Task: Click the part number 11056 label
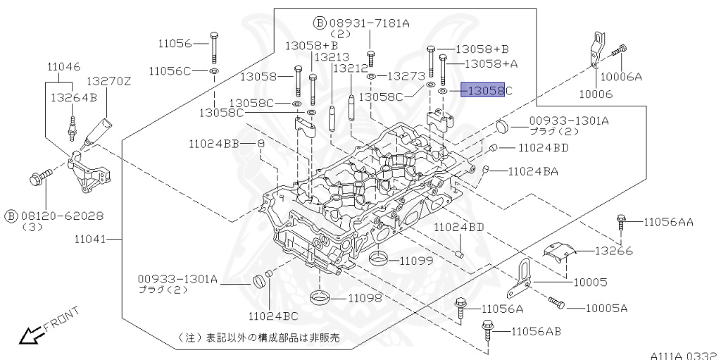[x=174, y=43]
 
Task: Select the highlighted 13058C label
[x=483, y=91]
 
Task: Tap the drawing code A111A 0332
[x=682, y=354]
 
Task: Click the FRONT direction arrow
[x=30, y=335]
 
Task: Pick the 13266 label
[x=613, y=251]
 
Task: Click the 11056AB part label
[x=536, y=331]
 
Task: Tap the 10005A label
[x=606, y=308]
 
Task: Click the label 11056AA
[x=668, y=222]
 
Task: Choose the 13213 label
[x=332, y=57]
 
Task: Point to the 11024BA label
[x=532, y=170]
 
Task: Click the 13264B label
[x=73, y=97]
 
